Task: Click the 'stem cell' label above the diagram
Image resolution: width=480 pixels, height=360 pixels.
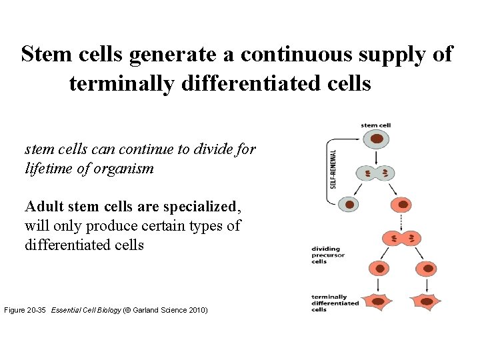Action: (x=376, y=125)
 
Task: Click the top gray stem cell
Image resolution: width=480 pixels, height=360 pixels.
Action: (x=377, y=140)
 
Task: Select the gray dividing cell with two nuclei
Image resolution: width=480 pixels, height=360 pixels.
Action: (x=377, y=174)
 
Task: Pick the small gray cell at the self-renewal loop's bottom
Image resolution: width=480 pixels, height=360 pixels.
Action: (x=349, y=204)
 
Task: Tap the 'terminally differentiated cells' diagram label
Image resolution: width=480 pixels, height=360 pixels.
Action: (x=334, y=303)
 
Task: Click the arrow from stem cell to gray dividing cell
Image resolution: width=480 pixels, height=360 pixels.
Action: (x=377, y=157)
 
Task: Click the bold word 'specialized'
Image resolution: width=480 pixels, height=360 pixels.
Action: (x=203, y=207)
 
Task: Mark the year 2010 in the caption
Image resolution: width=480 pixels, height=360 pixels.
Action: (x=197, y=310)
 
